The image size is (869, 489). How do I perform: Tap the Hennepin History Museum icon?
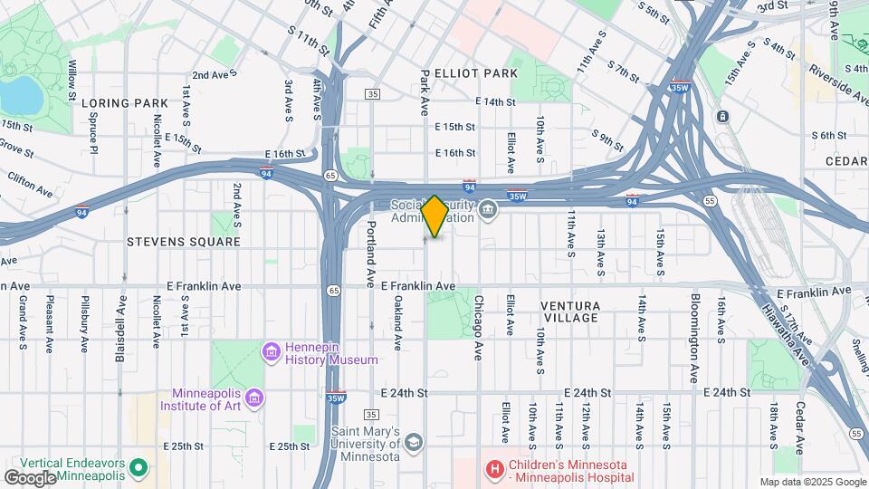point(270,350)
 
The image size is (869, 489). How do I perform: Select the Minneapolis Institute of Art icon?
point(254,398)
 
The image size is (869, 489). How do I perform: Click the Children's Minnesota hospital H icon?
point(495,469)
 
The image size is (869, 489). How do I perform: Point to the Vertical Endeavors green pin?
point(138,468)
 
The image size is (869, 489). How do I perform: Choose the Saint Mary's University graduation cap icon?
point(414,442)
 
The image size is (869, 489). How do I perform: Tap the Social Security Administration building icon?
point(488,210)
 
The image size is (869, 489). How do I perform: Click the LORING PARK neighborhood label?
point(126,103)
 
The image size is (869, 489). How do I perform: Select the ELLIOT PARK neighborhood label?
point(476,73)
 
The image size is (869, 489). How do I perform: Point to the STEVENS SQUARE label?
point(184,242)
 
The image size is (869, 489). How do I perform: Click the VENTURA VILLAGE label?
point(570,312)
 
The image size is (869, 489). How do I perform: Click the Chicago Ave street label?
point(478,327)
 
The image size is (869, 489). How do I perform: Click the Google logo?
point(31,477)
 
